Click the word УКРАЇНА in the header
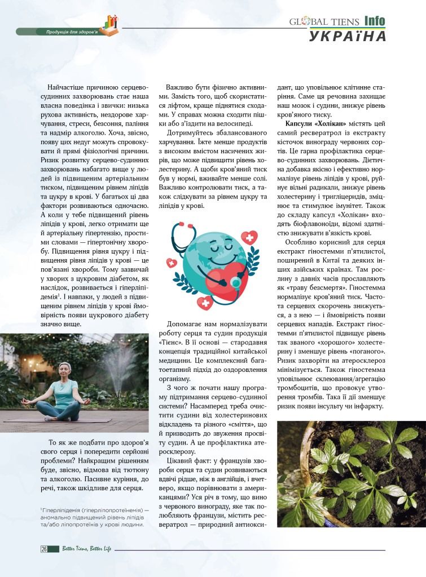(348, 36)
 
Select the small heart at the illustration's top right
(249, 236)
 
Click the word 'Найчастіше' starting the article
(70, 88)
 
